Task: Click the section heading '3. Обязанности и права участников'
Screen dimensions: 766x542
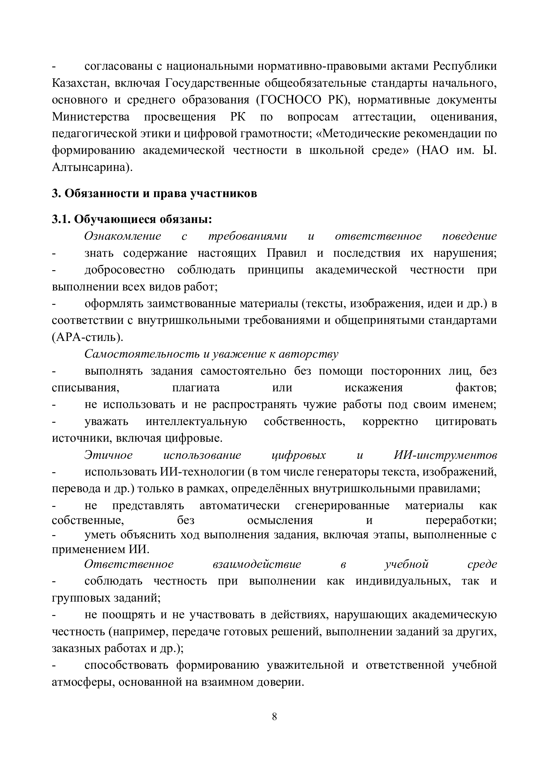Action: pyautogui.click(x=154, y=194)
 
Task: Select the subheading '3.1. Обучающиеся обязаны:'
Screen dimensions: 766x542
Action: pyautogui.click(x=132, y=219)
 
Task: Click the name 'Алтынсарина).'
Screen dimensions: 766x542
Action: pyautogui.click(x=92, y=167)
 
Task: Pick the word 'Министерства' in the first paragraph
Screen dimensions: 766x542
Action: pyautogui.click(x=91, y=117)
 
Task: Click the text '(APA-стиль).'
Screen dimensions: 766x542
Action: pyautogui.click(x=88, y=337)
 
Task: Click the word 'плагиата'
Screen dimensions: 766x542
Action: pyautogui.click(x=196, y=388)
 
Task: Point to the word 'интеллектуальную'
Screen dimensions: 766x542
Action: pyautogui.click(x=196, y=421)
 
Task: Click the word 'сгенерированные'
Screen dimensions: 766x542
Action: pyautogui.click(x=342, y=506)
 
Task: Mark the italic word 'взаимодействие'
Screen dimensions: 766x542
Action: pyautogui.click(x=256, y=564)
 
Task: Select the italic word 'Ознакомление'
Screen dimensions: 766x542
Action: pyautogui.click(x=123, y=236)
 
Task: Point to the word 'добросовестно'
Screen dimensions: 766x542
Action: pyautogui.click(x=125, y=270)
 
